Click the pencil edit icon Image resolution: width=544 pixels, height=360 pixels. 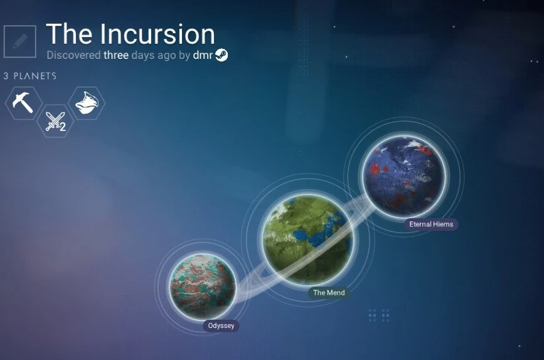tap(20, 41)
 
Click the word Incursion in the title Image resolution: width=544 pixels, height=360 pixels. tap(158, 34)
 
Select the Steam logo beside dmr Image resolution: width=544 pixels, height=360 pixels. tap(221, 55)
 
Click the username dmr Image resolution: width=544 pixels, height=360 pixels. tap(203, 55)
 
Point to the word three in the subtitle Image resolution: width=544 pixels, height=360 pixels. tap(116, 55)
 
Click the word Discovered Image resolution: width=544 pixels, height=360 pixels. tap(73, 55)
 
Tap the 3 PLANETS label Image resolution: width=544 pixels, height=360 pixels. tap(30, 76)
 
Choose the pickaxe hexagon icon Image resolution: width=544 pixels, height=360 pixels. tap(23, 103)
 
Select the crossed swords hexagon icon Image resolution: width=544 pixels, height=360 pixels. tap(55, 121)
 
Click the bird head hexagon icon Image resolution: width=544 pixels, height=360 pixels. tap(87, 103)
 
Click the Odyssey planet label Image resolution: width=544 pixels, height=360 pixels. tap(221, 326)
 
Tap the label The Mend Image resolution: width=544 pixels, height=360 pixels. tap(329, 292)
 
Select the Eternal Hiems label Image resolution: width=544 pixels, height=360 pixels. tap(431, 224)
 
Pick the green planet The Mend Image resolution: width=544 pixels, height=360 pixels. tap(308, 240)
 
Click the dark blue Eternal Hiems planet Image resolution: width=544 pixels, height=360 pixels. tap(404, 176)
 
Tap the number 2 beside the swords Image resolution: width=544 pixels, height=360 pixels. tap(63, 127)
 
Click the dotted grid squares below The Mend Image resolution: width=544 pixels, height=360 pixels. tap(379, 315)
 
